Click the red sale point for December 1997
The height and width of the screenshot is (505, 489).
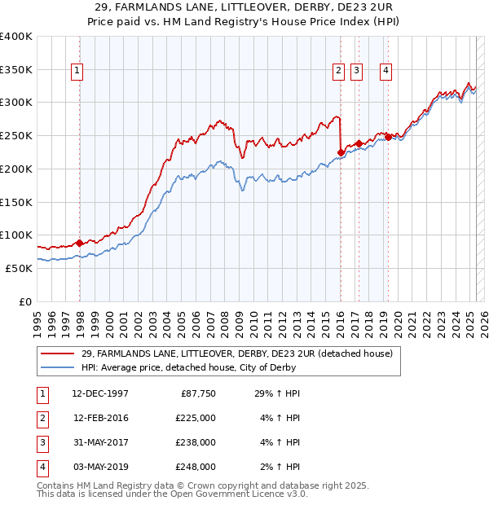(x=79, y=243)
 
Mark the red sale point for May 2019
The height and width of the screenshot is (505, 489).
(x=388, y=137)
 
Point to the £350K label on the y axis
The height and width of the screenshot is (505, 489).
(x=16, y=70)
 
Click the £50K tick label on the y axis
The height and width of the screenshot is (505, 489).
(x=20, y=268)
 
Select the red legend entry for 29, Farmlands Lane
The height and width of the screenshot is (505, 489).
(x=237, y=353)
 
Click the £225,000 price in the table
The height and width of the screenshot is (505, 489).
(x=196, y=418)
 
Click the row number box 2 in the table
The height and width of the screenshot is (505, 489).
(x=41, y=418)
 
